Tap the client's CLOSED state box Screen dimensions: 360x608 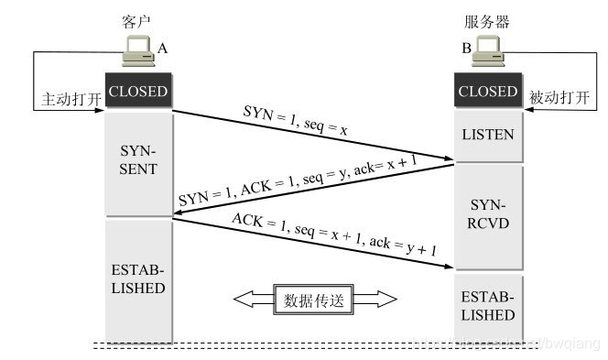138,92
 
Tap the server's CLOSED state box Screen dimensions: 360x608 487,92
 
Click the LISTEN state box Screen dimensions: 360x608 487,136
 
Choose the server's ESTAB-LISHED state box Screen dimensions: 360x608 487,306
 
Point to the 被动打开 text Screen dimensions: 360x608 559,96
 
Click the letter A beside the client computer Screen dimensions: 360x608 163,47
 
